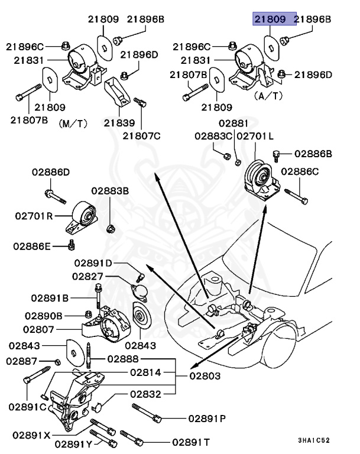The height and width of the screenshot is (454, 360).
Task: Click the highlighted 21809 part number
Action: pyautogui.click(x=274, y=20)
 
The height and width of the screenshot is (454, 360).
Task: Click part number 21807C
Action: pyautogui.click(x=141, y=136)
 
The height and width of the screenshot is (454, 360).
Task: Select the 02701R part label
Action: pyautogui.click(x=35, y=216)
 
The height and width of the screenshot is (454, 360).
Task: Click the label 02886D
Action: pyautogui.click(x=50, y=173)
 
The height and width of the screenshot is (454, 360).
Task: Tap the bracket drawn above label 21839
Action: pyautogui.click(x=118, y=95)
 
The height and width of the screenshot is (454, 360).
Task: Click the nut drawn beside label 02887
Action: pyautogui.click(x=57, y=362)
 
